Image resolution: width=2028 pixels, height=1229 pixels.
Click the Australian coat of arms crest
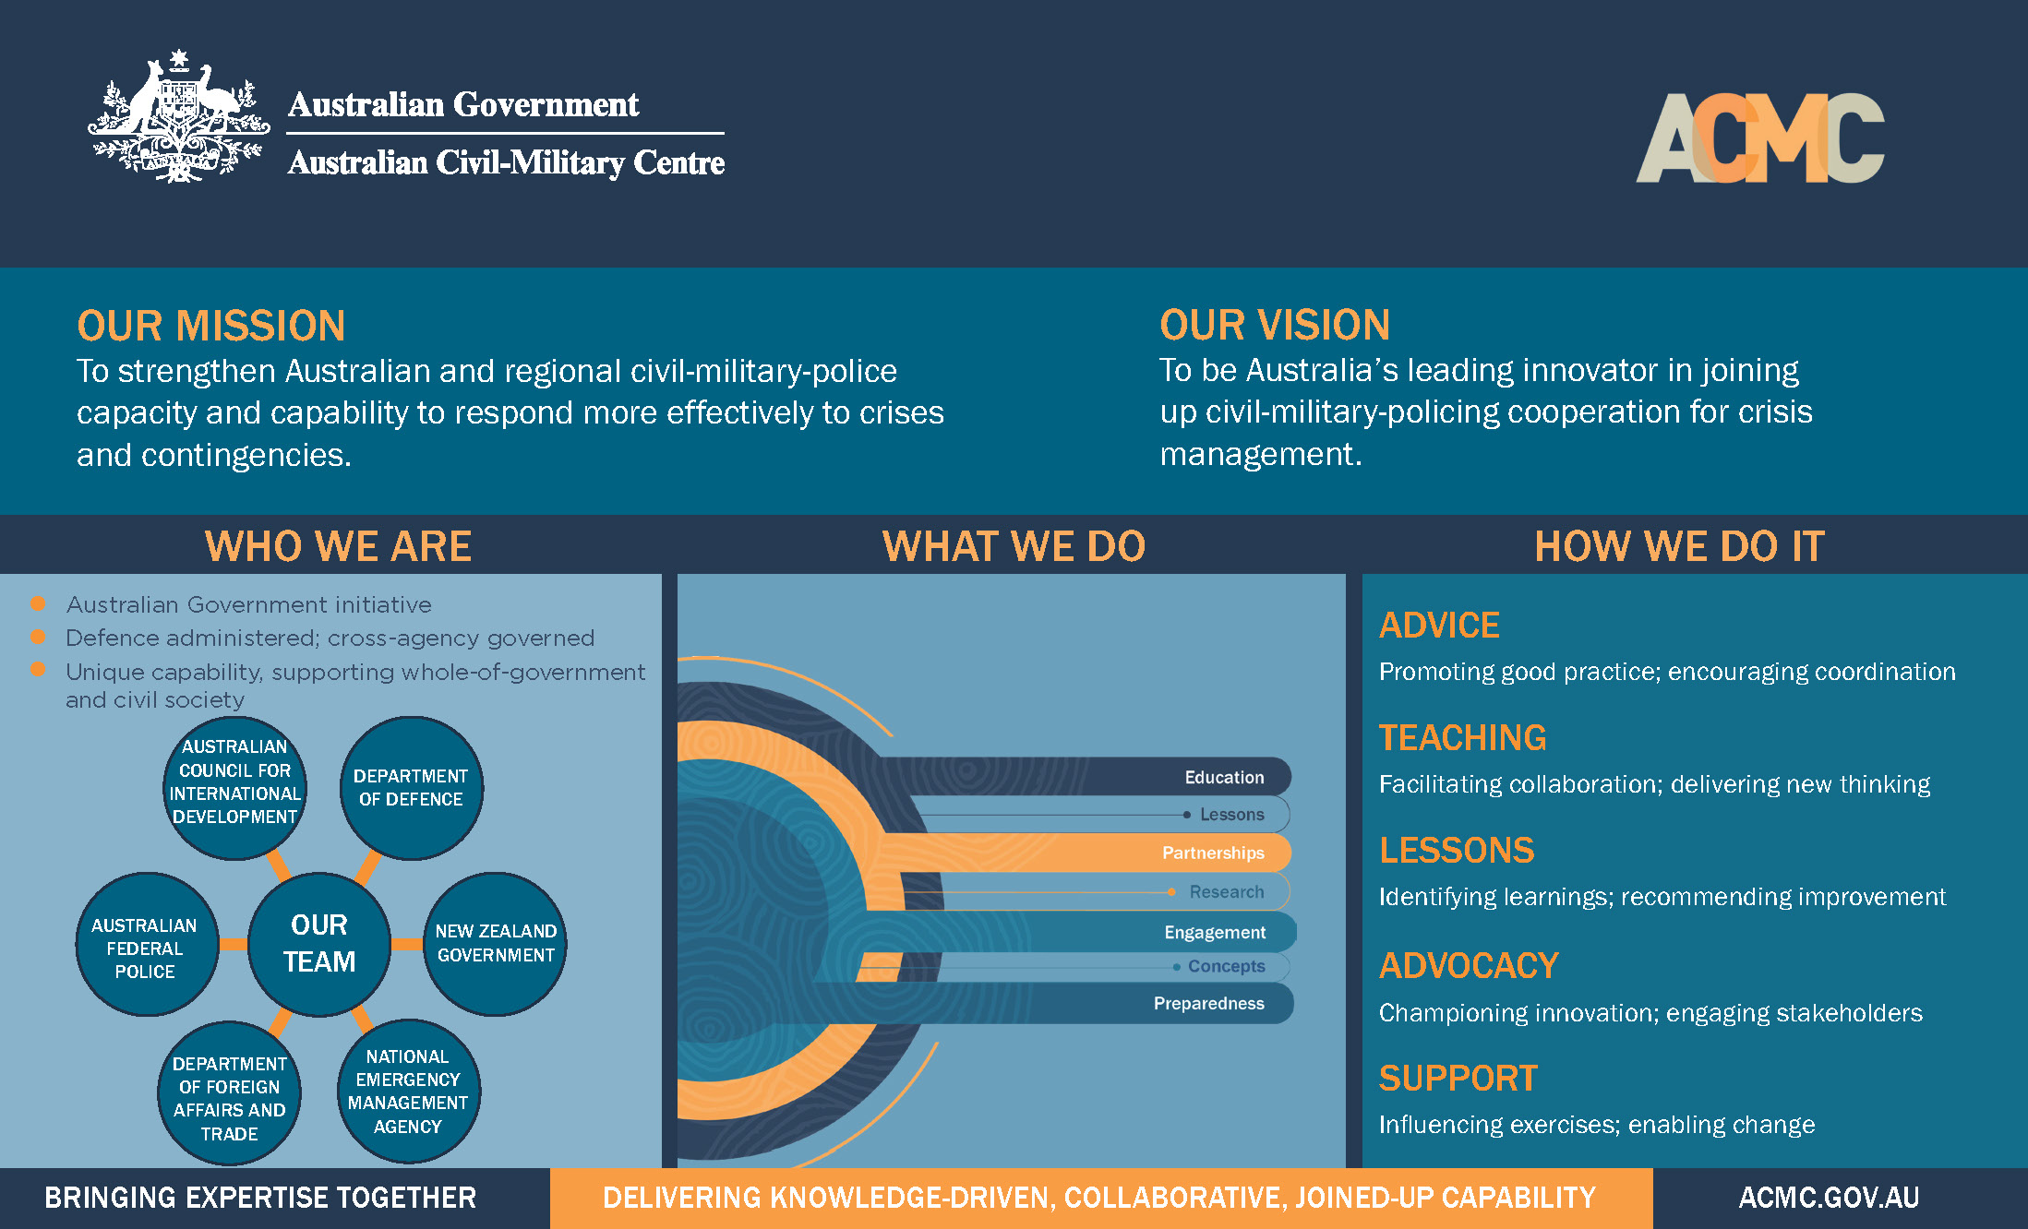[x=178, y=117]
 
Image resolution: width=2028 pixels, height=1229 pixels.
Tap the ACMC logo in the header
[x=1759, y=138]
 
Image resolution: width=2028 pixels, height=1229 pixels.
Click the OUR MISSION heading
[x=211, y=326]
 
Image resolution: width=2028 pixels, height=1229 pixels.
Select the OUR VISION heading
[x=1275, y=325]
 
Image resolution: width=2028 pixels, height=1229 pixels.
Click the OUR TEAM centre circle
[x=319, y=943]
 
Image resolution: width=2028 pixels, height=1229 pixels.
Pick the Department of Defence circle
[x=411, y=788]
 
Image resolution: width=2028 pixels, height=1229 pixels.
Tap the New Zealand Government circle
[x=496, y=943]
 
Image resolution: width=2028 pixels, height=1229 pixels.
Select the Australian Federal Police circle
[x=145, y=947]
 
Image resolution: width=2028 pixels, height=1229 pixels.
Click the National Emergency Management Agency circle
[x=408, y=1092]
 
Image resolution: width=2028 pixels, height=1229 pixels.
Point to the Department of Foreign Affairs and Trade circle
[x=229, y=1098]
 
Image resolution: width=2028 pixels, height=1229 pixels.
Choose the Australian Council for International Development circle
[x=234, y=782]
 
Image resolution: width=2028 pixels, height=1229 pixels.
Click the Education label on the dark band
[x=1224, y=777]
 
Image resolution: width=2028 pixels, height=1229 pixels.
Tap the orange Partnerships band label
[x=1213, y=853]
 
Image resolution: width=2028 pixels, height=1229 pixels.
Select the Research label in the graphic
[x=1226, y=892]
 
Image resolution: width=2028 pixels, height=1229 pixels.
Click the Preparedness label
[x=1208, y=1003]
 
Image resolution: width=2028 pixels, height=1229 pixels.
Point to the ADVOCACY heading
[x=1469, y=966]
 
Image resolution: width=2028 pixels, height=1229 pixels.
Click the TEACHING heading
[x=1462, y=738]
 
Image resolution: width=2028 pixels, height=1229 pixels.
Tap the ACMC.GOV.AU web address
[x=1829, y=1198]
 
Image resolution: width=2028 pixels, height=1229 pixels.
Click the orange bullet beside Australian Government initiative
[x=39, y=603]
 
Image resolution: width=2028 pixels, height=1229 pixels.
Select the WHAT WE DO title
[x=1014, y=546]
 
